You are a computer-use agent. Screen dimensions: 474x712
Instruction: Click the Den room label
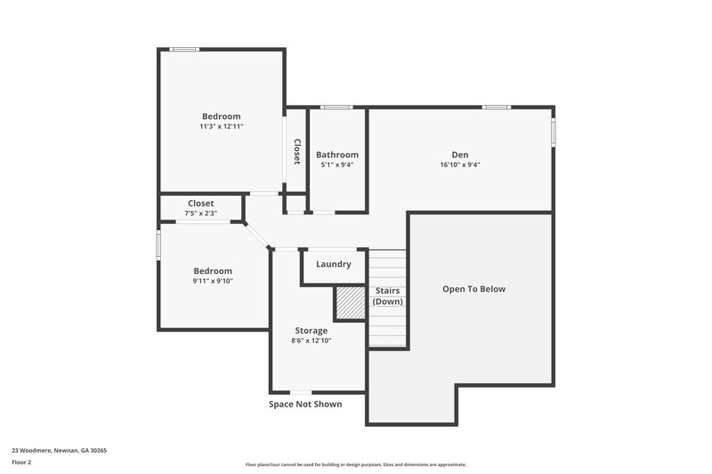(x=459, y=155)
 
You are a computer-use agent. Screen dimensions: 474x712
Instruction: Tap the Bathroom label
(x=337, y=155)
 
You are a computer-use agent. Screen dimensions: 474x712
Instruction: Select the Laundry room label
(x=334, y=264)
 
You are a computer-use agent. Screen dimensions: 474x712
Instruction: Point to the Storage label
(x=311, y=331)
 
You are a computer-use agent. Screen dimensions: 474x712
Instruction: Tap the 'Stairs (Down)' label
(x=387, y=296)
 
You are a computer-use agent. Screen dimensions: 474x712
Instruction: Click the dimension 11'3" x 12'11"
(x=222, y=126)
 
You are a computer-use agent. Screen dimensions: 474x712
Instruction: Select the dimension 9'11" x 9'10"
(x=213, y=281)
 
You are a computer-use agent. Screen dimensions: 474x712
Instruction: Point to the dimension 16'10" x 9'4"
(x=460, y=165)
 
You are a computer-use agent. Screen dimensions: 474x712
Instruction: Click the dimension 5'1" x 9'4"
(x=337, y=165)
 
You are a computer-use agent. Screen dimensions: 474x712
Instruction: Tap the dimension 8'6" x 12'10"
(x=311, y=341)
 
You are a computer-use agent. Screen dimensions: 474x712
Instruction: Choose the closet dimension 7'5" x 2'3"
(x=200, y=213)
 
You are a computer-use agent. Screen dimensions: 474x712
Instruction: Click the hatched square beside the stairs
(x=351, y=303)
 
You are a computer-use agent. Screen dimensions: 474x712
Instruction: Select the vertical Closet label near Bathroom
(x=297, y=151)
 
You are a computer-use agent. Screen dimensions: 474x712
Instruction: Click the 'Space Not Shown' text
(x=305, y=404)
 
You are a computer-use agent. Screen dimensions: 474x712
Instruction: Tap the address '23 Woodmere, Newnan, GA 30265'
(x=59, y=450)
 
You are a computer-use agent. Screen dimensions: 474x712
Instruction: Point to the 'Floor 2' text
(x=22, y=462)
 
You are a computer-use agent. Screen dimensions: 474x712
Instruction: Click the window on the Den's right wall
(x=553, y=132)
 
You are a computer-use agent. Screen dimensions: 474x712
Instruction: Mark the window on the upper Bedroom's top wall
(x=184, y=49)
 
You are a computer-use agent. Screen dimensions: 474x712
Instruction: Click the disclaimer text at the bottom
(x=356, y=464)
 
